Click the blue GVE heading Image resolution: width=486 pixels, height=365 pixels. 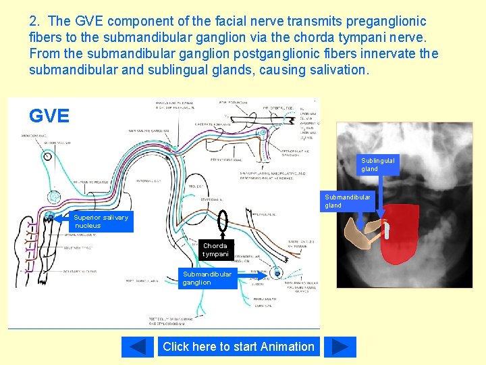coord(49,116)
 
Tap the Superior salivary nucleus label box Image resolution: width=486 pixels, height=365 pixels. coord(101,222)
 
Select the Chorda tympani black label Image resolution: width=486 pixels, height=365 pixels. coord(216,249)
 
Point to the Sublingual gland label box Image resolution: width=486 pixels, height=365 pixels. coord(378,164)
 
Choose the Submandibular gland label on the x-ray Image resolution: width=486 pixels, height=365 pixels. coord(347,201)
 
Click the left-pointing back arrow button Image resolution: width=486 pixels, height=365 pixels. coord(138,347)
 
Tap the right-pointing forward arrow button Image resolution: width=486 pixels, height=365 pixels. coord(340,347)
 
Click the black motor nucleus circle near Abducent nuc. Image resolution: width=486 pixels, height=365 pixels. coord(47,155)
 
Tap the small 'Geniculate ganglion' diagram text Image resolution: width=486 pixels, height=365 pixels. coord(150,132)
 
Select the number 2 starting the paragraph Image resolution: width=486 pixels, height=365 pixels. coord(33,22)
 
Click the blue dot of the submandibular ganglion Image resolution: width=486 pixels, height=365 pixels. coord(276,274)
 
